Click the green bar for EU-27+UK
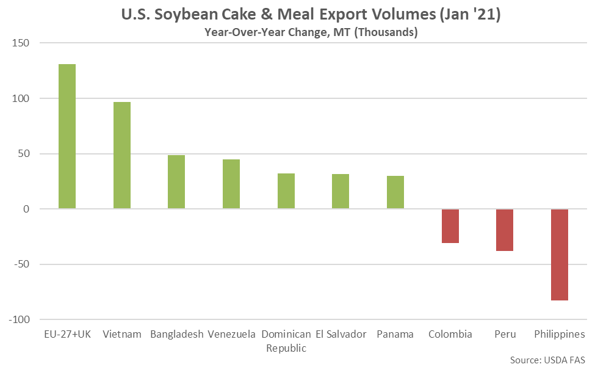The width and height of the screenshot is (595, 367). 67,136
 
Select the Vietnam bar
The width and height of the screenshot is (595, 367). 121,155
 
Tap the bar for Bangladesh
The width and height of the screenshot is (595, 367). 176,182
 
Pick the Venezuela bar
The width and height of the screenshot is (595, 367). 231,184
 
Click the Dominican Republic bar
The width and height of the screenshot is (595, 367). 286,191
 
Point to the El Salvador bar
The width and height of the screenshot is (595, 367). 341,192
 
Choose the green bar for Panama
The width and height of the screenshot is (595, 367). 395,192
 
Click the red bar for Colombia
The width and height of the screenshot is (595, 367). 450,226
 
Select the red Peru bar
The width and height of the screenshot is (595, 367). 505,230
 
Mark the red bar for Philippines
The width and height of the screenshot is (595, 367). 560,255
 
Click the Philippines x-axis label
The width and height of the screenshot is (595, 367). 560,335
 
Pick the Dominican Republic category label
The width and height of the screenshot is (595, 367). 286,341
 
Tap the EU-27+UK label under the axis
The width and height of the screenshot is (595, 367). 67,335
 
